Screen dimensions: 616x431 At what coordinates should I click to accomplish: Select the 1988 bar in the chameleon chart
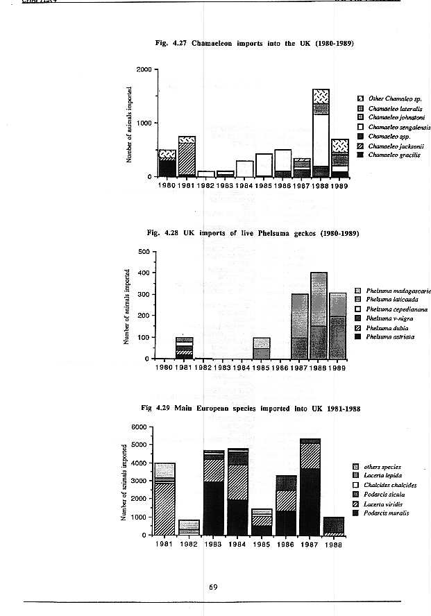point(320,132)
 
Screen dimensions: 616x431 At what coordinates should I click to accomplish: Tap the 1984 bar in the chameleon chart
point(244,169)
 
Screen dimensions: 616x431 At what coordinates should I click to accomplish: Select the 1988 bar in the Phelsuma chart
point(319,316)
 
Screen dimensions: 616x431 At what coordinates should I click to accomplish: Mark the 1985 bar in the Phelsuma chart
point(261,348)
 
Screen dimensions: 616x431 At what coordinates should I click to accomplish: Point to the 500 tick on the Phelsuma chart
point(144,251)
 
